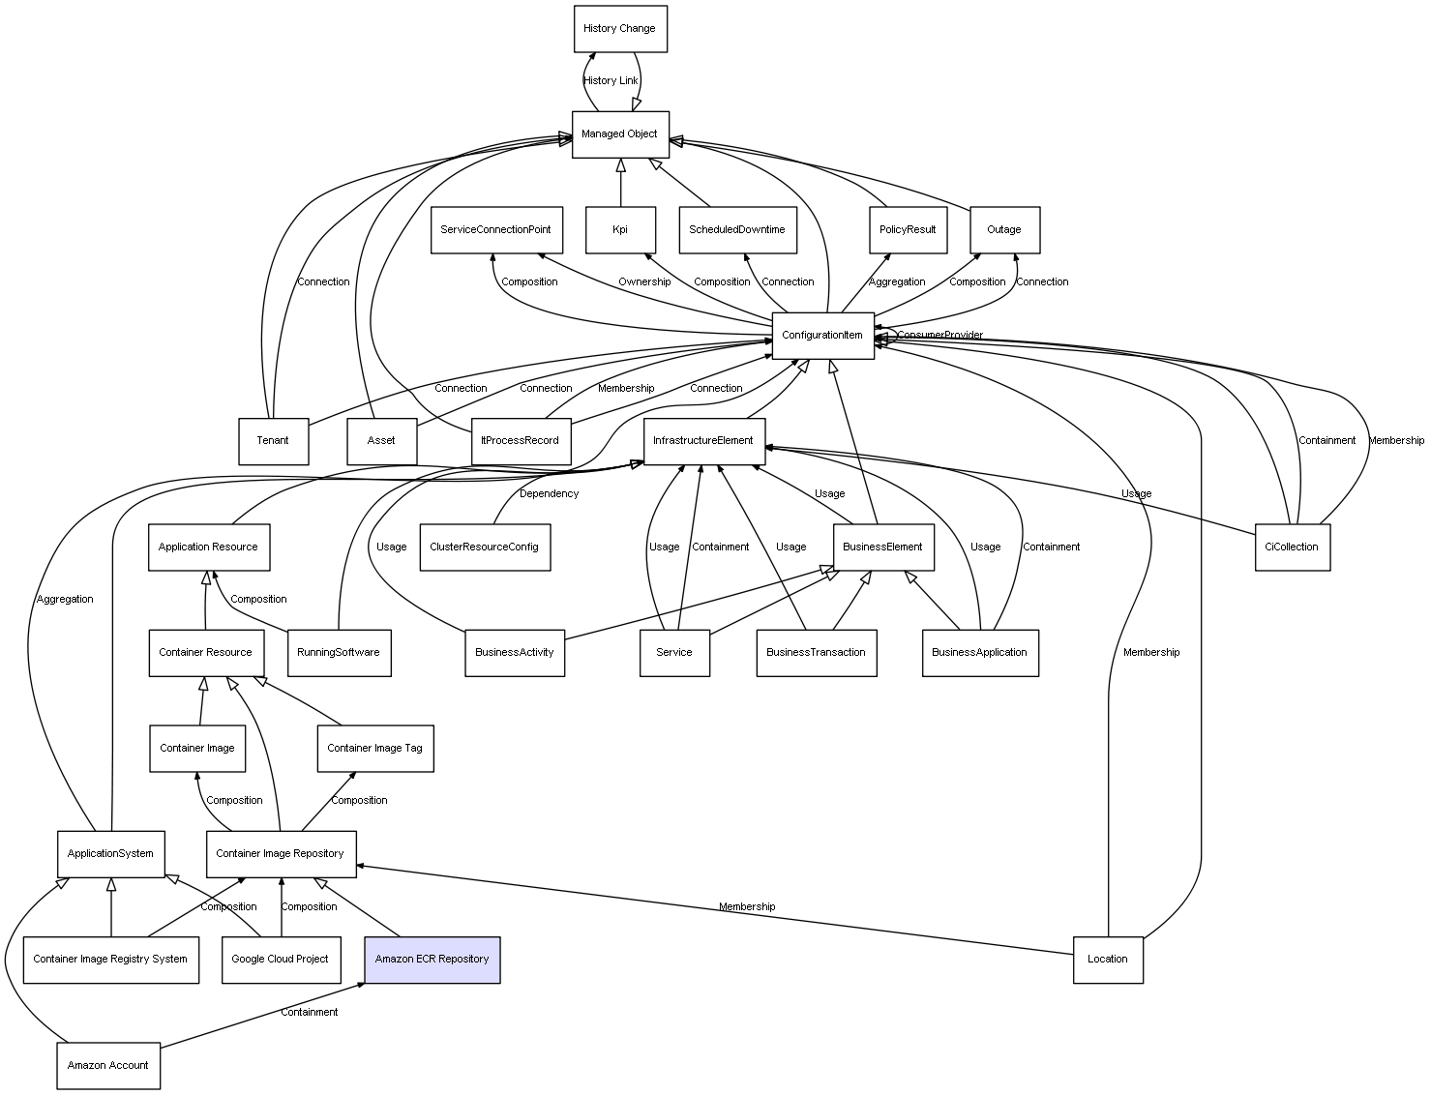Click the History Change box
619,29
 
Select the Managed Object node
619,134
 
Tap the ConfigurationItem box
822,336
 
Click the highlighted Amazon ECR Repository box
432,960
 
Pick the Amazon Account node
108,1066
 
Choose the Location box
1107,960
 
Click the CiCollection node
1292,547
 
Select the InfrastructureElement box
703,441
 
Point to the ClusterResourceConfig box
484,547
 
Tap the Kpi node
620,230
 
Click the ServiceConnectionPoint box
495,230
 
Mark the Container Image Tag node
375,749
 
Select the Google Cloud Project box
281,960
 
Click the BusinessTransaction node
816,653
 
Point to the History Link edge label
611,81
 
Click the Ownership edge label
644,282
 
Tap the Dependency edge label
549,494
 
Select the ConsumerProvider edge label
939,336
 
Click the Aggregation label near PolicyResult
897,282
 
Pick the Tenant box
273,441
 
